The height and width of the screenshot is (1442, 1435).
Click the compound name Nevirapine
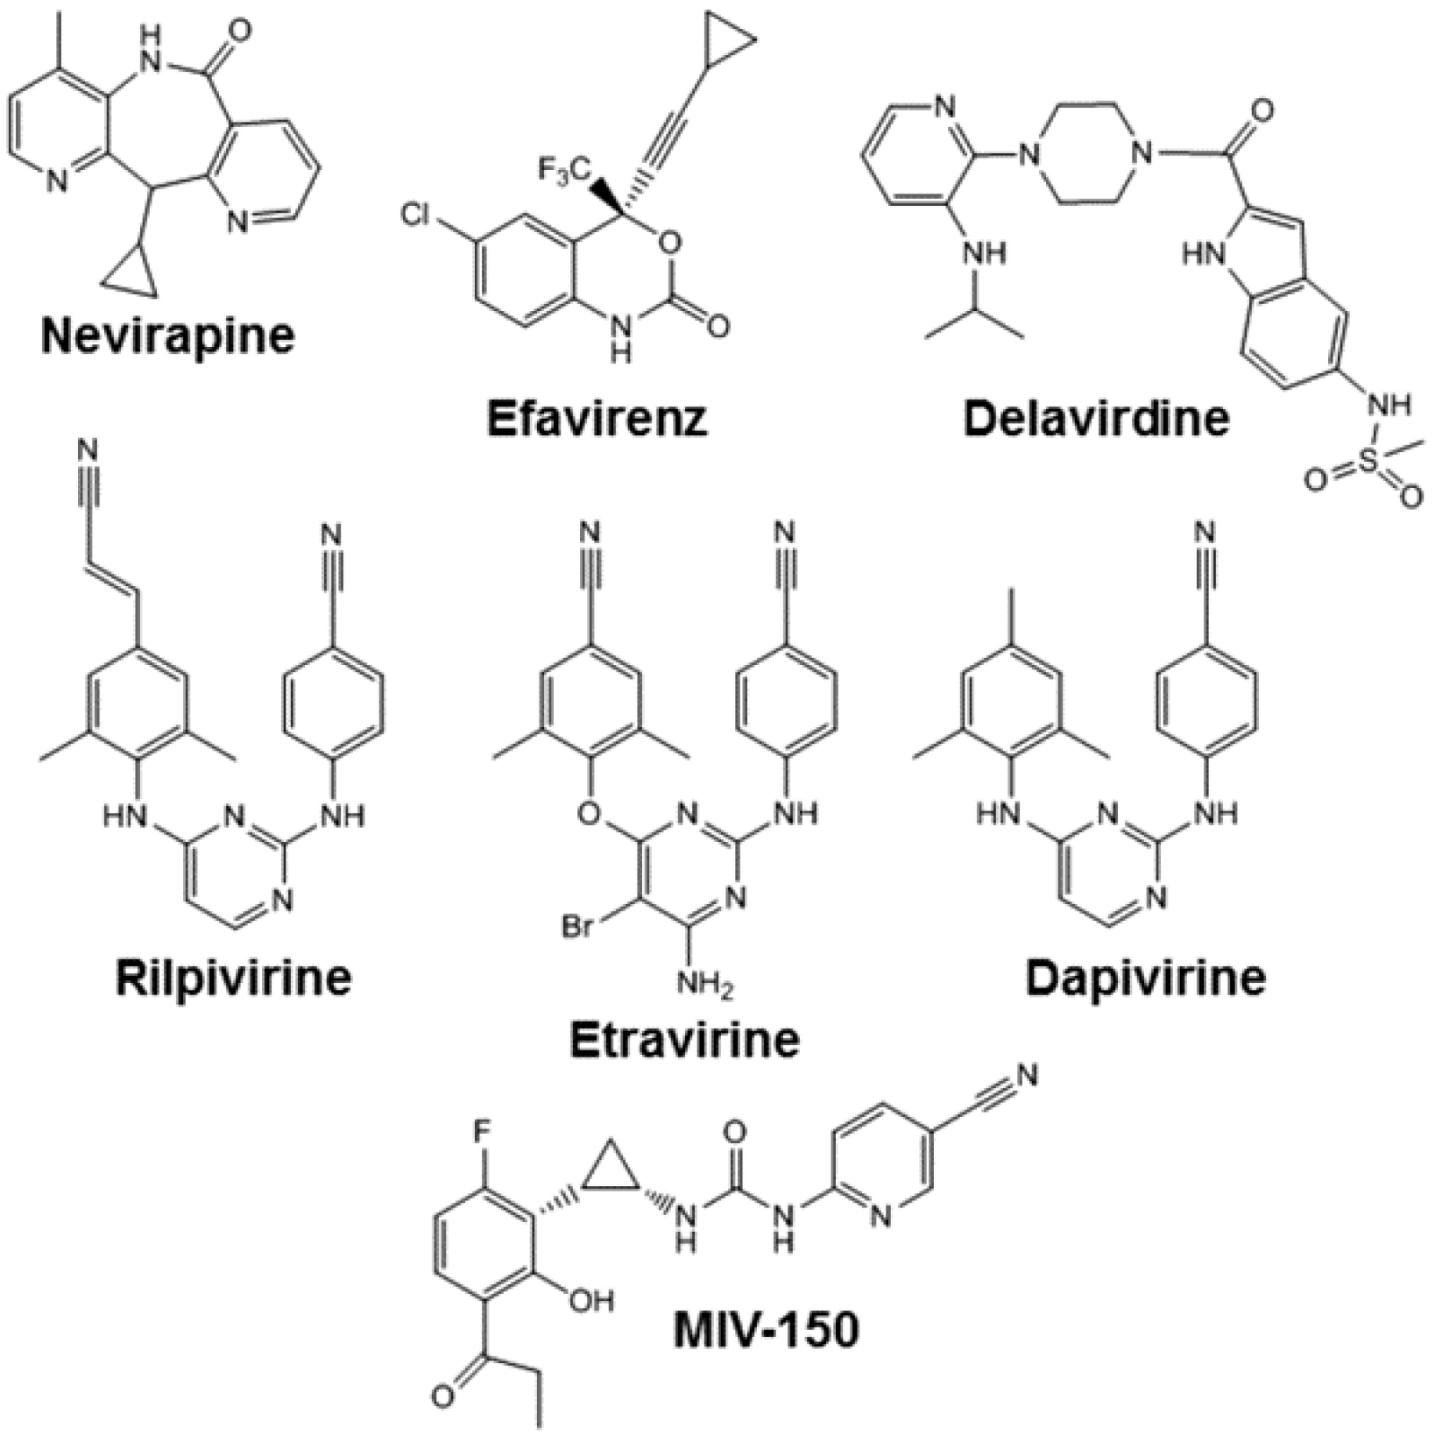(167, 336)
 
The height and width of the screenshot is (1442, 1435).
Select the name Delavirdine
(1095, 418)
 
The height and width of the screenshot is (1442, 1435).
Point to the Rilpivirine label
(233, 978)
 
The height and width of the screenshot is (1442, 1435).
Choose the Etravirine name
(684, 1039)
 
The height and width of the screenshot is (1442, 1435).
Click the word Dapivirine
(1145, 978)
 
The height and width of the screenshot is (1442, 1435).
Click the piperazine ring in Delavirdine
(1083, 155)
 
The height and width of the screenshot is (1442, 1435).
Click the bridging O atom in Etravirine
(590, 814)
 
